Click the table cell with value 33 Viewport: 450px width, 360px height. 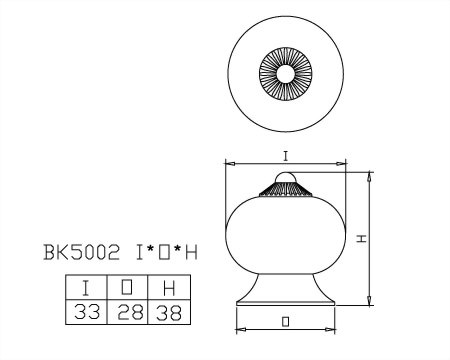click(86, 312)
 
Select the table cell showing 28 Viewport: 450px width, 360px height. click(127, 312)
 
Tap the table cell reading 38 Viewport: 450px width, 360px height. click(169, 312)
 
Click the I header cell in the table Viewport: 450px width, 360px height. click(86, 287)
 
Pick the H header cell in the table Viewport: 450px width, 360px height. click(169, 287)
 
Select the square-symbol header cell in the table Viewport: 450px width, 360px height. click(127, 287)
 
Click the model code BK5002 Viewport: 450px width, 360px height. click(81, 252)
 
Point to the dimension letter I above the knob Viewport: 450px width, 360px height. click(285, 156)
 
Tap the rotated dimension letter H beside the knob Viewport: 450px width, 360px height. click(362, 238)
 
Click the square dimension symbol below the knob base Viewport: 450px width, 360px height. click(285, 322)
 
